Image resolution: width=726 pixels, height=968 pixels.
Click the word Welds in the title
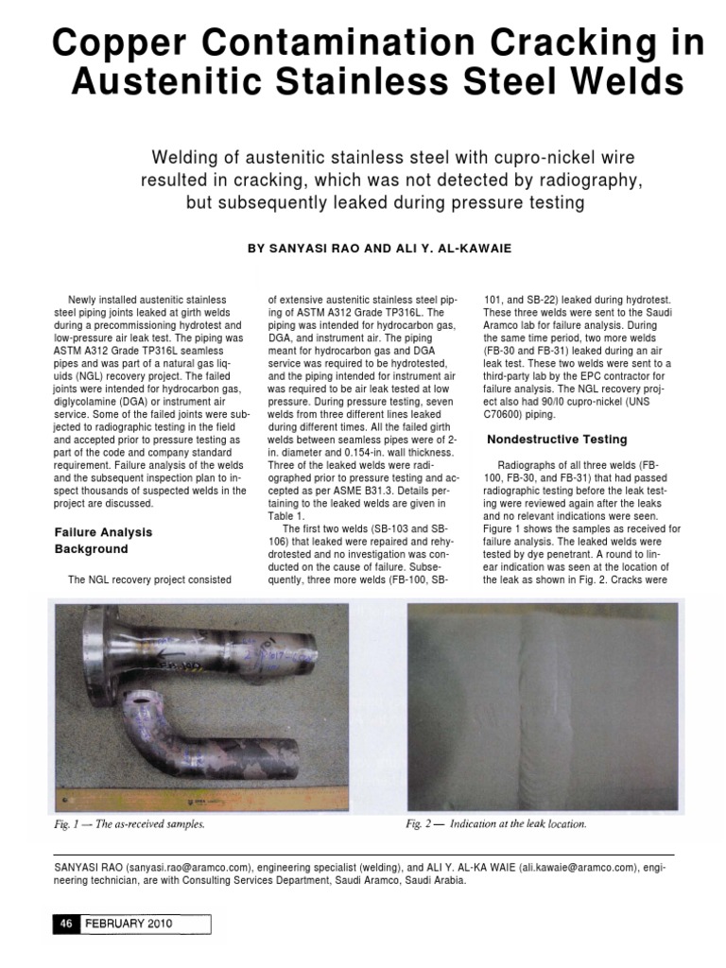628,83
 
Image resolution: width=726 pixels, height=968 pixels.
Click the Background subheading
91,549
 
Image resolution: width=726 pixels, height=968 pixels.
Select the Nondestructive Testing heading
556,440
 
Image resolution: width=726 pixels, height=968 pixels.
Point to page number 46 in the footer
67,925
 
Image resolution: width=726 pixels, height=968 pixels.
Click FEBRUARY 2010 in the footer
130,925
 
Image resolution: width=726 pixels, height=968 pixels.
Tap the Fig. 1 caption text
129,823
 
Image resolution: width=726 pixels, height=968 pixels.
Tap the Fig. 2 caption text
496,823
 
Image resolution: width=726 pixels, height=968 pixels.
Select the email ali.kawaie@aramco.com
578,865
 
